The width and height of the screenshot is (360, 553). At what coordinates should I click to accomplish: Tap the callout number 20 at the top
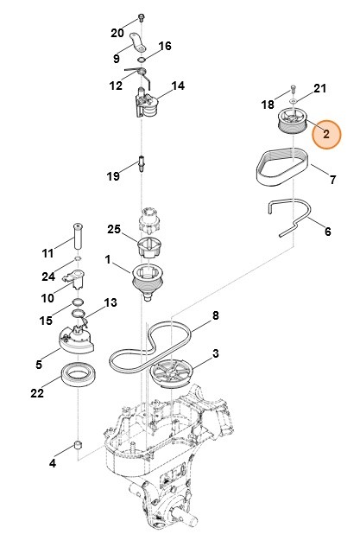tap(117, 33)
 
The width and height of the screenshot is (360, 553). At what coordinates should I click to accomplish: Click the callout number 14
tap(178, 86)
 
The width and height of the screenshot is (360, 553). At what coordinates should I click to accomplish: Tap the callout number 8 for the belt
tap(216, 315)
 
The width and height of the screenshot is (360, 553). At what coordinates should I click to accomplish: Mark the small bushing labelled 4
tap(77, 446)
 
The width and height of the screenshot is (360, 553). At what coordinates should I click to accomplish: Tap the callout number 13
tap(110, 302)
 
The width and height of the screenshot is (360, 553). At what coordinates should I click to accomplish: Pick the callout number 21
tap(319, 89)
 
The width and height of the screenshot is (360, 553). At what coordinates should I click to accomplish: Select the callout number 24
tap(47, 277)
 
